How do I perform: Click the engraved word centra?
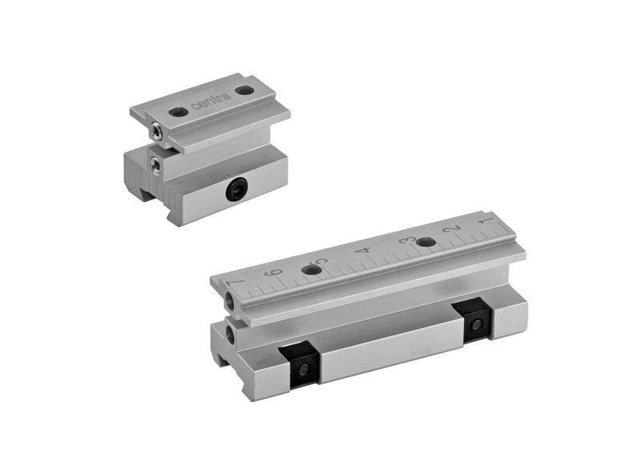click(x=212, y=101)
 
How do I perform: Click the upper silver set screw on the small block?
click(x=156, y=131)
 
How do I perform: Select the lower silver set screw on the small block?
click(x=155, y=164)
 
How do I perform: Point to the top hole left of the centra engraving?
click(x=178, y=111)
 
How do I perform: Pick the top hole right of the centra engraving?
click(x=244, y=90)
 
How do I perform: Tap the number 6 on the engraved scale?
click(x=275, y=272)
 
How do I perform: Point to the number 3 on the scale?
click(x=407, y=241)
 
